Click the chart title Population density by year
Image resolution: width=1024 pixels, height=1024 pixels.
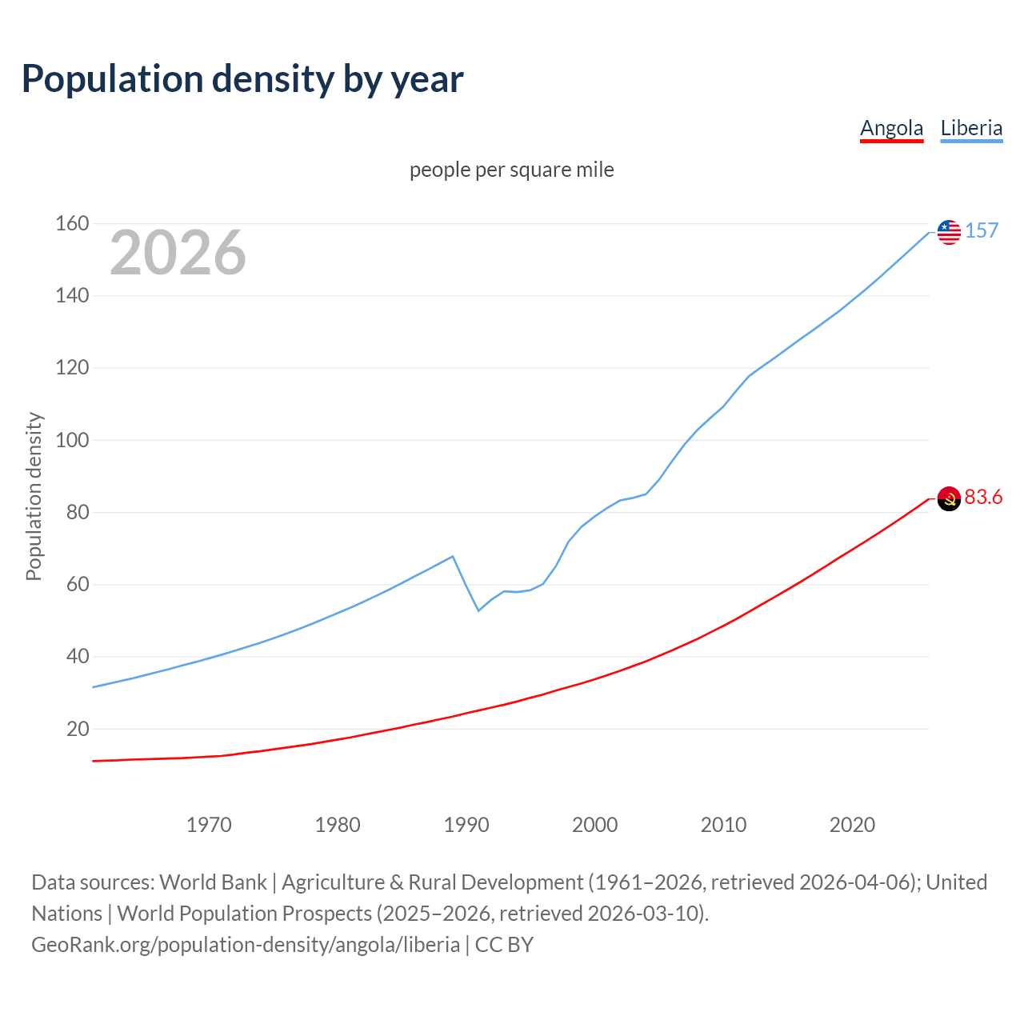[x=242, y=79]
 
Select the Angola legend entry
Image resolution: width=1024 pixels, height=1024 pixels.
[x=891, y=128]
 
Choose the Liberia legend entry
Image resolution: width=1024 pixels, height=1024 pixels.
[x=971, y=128]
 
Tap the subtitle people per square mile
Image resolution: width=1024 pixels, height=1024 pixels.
[x=511, y=170]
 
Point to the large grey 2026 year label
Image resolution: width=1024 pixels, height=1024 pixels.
[x=178, y=253]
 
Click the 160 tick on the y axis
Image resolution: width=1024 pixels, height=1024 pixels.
[x=72, y=224]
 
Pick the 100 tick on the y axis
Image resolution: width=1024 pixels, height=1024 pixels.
[x=72, y=440]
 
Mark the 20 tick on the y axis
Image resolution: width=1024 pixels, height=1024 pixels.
[x=78, y=729]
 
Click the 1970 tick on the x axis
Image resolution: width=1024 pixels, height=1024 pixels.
[x=209, y=825]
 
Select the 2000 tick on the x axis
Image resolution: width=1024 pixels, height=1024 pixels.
[x=594, y=825]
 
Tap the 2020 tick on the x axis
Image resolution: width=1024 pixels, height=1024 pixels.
[x=852, y=825]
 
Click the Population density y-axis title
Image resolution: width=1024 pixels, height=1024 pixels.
[x=34, y=496]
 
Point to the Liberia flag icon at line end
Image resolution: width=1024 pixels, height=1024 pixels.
[x=949, y=232]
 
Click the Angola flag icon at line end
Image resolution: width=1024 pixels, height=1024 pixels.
[x=949, y=498]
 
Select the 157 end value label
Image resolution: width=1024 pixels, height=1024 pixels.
[x=982, y=231]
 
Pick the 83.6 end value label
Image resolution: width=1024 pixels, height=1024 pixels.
[x=983, y=498]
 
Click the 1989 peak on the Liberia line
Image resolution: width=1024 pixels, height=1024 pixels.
[x=453, y=556]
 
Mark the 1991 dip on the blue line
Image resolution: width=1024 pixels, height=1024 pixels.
[x=478, y=610]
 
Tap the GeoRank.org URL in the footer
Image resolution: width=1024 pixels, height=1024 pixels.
[x=246, y=945]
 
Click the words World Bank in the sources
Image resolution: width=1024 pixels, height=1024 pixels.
[x=213, y=882]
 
